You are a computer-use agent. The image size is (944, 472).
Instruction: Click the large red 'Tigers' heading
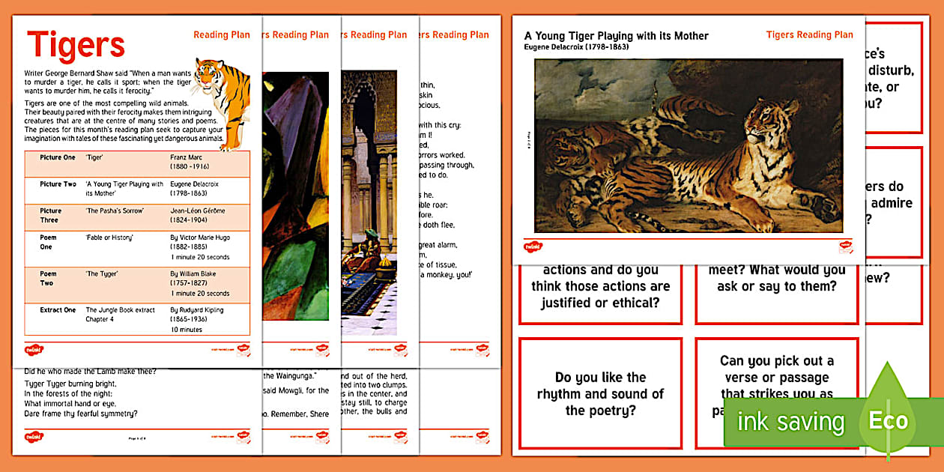(x=76, y=45)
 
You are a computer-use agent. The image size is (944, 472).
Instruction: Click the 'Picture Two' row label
(x=58, y=184)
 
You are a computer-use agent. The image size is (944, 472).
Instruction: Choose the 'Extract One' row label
(x=58, y=310)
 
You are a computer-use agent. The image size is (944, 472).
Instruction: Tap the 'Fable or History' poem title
(x=109, y=237)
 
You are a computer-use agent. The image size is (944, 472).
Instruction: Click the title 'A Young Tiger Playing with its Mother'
(x=616, y=36)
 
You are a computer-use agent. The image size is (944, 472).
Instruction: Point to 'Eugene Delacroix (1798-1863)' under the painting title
(x=576, y=47)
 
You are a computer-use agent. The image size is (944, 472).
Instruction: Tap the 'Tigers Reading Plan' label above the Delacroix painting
(x=809, y=34)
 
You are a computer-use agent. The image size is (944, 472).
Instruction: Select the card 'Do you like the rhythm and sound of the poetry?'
(x=600, y=393)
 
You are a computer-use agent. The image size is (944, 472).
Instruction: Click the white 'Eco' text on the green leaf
(x=888, y=420)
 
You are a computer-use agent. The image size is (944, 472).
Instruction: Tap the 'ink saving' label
(x=790, y=422)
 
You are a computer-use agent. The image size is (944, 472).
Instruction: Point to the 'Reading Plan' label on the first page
(x=222, y=34)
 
